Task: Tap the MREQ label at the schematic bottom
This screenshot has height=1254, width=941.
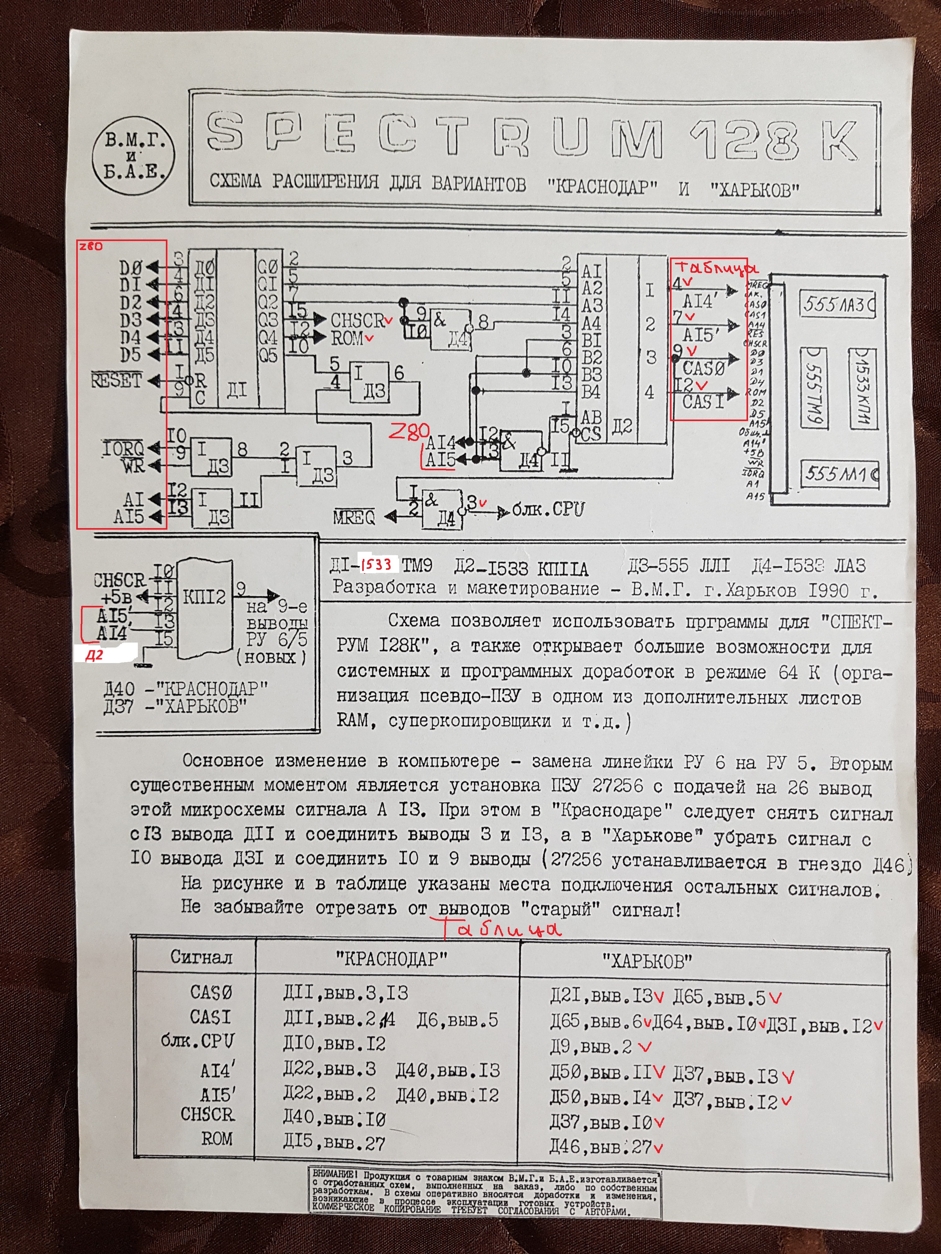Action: coord(354,517)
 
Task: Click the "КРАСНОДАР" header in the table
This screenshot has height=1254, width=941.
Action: coord(391,959)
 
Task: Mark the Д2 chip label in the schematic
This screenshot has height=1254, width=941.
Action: coord(622,426)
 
